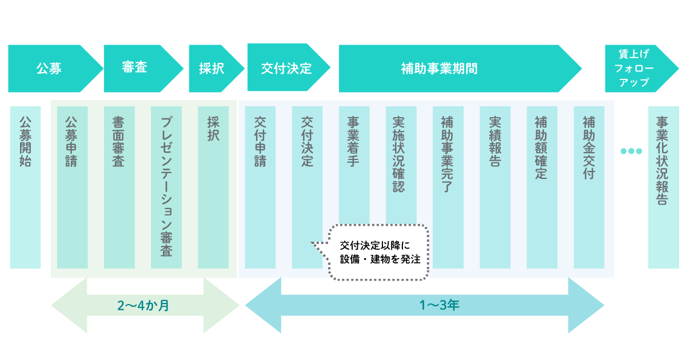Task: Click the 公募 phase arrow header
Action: pos(50,69)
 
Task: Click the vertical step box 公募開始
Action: pos(26,187)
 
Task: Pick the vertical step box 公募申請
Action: pos(72,187)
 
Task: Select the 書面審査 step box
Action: pos(119,187)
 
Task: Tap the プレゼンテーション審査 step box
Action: pos(166,187)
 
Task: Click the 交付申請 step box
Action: pos(260,187)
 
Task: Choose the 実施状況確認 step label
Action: pos(400,154)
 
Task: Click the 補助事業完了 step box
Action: pos(448,187)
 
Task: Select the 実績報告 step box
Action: pos(495,187)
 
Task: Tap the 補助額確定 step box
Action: pos(542,187)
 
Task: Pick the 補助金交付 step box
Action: pos(589,187)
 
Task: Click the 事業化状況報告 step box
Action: pos(663,187)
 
